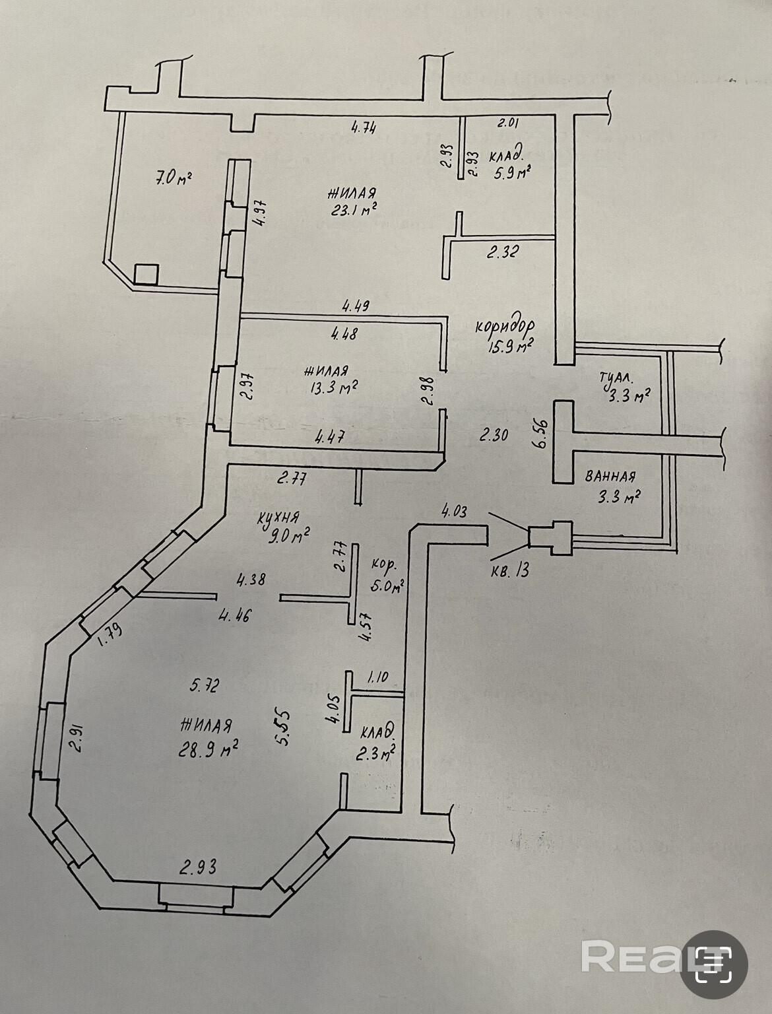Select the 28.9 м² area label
pyautogui.click(x=208, y=749)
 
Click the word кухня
pyautogui.click(x=280, y=519)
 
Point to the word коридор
pyautogui.click(x=505, y=327)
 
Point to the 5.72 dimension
pyautogui.click(x=203, y=686)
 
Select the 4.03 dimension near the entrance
pyautogui.click(x=455, y=511)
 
